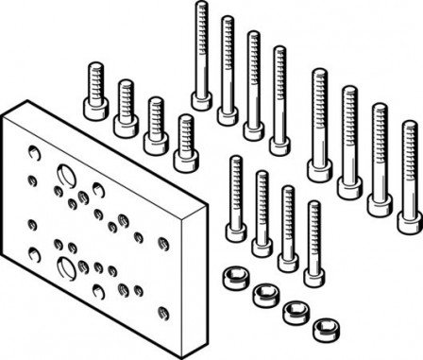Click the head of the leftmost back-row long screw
(x=200, y=98)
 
